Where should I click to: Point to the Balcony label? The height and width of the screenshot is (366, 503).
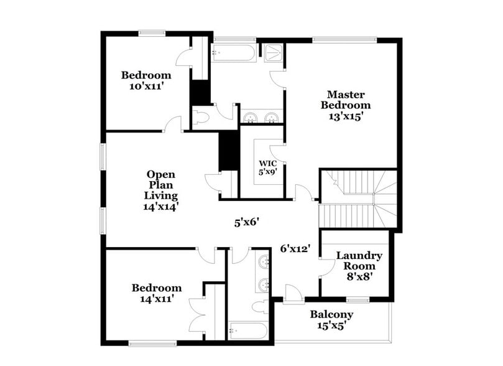point(332,314)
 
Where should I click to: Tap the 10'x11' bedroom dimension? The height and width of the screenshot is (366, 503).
point(146,87)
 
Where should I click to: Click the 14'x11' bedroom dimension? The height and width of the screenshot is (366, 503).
point(157,298)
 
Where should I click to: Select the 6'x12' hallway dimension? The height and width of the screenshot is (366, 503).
point(295,248)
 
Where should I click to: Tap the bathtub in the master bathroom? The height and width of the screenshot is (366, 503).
point(233,52)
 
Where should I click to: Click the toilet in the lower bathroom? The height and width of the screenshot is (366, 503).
point(260,306)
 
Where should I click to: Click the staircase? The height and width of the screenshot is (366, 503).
point(358,199)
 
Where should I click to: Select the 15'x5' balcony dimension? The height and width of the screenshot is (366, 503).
point(332,325)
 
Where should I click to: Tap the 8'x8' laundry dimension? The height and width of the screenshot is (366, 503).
point(359,276)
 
